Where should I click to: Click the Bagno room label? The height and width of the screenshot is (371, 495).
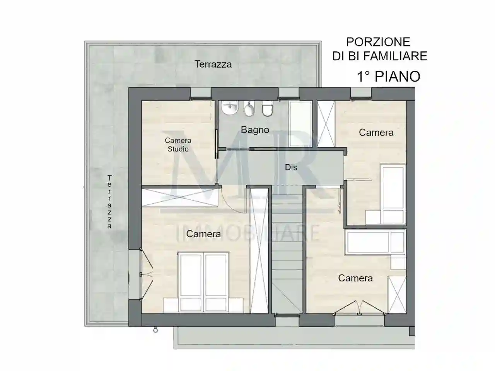click(x=255, y=130)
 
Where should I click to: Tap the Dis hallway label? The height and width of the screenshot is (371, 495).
click(x=291, y=167)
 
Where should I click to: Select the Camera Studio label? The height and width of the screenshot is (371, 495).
click(x=178, y=145)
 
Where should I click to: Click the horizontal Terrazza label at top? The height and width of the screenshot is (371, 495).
click(x=213, y=64)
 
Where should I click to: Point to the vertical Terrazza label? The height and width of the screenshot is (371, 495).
click(x=109, y=202)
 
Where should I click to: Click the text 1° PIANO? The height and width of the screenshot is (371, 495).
click(x=388, y=77)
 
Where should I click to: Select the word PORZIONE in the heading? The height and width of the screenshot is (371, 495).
click(x=378, y=42)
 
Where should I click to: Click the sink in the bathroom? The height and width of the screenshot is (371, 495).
click(x=231, y=108)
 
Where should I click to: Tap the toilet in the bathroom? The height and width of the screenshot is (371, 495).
click(x=266, y=109)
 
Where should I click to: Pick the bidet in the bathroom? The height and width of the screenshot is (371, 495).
click(x=249, y=109)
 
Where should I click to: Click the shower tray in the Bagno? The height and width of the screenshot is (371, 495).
click(x=300, y=123)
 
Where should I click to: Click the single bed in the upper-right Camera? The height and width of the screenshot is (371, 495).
click(x=393, y=193)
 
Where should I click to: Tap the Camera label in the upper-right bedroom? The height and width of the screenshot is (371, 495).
click(x=376, y=133)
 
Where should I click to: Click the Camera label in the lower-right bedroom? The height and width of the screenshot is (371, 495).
click(x=355, y=278)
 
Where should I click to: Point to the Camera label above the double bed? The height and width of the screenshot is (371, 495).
click(x=203, y=234)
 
